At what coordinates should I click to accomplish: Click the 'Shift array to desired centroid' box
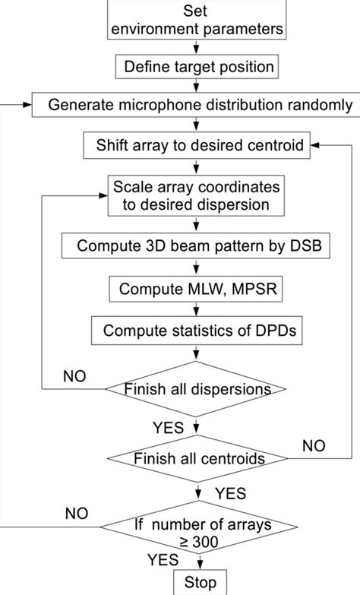197,144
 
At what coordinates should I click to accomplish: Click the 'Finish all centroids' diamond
197,458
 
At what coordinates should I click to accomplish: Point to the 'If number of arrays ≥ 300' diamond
197,533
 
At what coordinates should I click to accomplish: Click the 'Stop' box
200,582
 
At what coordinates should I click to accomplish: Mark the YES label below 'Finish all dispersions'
167,428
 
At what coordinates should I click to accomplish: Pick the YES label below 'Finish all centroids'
231,494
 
